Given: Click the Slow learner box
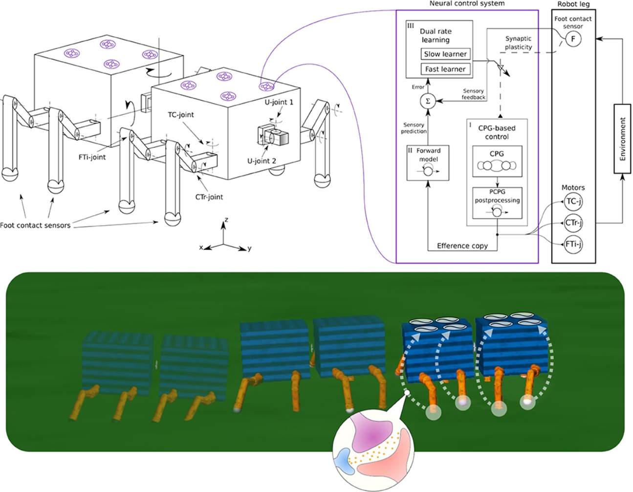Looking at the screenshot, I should [x=445, y=54].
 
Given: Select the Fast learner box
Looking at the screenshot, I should [x=445, y=69].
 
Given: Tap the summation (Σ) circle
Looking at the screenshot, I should [x=428, y=101].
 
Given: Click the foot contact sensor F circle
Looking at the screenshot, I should [x=573, y=39].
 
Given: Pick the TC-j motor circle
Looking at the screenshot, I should [x=573, y=201].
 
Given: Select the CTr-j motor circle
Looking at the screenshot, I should [x=573, y=223].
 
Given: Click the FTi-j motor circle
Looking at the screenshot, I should [x=573, y=244].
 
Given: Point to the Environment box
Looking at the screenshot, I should [x=622, y=139].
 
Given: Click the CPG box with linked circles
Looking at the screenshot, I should [x=497, y=161].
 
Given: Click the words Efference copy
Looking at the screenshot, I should [x=462, y=246].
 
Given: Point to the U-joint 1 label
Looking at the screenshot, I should [x=279, y=102].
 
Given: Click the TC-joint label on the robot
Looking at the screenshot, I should [x=181, y=115].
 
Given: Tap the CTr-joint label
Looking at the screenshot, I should [x=209, y=197].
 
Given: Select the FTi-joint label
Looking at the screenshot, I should [x=92, y=157].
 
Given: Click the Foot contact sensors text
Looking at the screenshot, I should [x=35, y=225].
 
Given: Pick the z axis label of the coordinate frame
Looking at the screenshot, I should [x=226, y=220].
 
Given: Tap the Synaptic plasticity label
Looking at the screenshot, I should [x=518, y=43].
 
